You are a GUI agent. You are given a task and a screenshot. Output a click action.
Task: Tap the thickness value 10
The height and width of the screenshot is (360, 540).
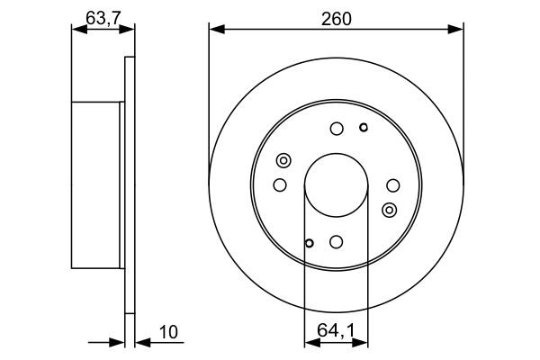point(167,333)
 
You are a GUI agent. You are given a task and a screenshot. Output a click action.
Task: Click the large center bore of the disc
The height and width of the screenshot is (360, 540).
point(336,185)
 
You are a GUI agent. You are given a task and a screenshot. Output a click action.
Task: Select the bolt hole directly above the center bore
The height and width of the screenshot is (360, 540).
point(336,129)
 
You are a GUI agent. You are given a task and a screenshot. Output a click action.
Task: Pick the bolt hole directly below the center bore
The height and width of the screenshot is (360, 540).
point(336,242)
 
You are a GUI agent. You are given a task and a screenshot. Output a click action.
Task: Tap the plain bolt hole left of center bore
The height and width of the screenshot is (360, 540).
point(279,185)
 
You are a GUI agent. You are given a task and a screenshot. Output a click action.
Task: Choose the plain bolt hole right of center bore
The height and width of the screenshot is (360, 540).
point(392,185)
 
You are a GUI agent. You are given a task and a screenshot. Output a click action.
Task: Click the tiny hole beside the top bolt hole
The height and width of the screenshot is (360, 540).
point(363,127)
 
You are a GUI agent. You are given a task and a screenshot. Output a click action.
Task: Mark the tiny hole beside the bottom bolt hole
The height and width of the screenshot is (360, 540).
point(309,243)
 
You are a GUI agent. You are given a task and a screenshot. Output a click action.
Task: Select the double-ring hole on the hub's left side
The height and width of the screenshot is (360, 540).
point(283,161)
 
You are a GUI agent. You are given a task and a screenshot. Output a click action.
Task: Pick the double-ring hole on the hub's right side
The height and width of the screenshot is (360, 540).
point(389,210)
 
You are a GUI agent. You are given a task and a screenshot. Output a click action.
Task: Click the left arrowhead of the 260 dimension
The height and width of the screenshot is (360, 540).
point(214,30)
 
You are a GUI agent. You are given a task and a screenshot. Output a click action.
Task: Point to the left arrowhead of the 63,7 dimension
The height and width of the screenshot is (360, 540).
point(76,30)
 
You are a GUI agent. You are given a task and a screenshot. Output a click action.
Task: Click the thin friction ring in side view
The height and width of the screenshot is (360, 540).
point(129,185)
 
